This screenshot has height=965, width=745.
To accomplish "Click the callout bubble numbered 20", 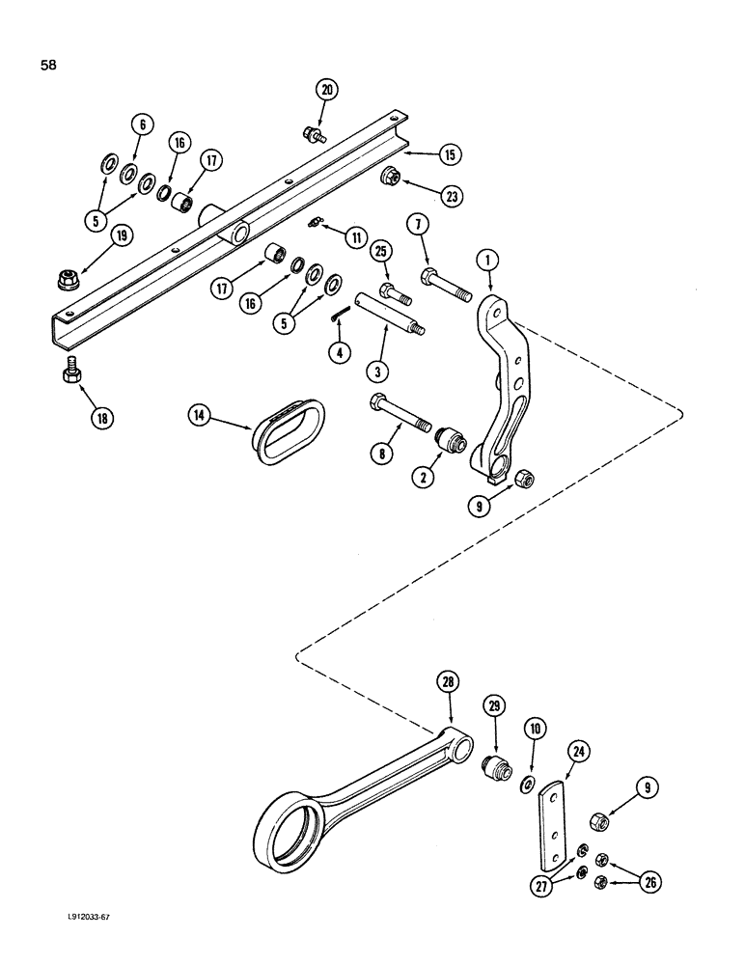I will [326, 90].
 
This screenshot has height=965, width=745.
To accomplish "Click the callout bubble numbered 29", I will [495, 707].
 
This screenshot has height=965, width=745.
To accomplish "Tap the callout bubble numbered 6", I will [142, 124].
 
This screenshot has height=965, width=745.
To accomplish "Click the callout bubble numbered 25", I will [380, 252].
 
